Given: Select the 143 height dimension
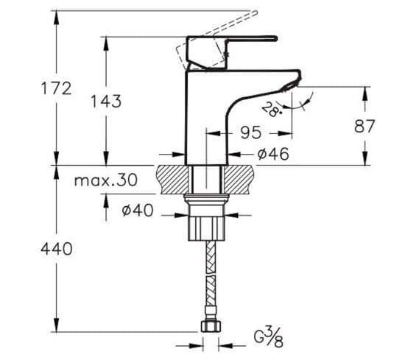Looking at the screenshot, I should tap(106, 102).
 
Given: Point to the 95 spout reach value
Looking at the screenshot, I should tap(252, 133).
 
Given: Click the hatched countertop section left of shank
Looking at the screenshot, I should tap(173, 177).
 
